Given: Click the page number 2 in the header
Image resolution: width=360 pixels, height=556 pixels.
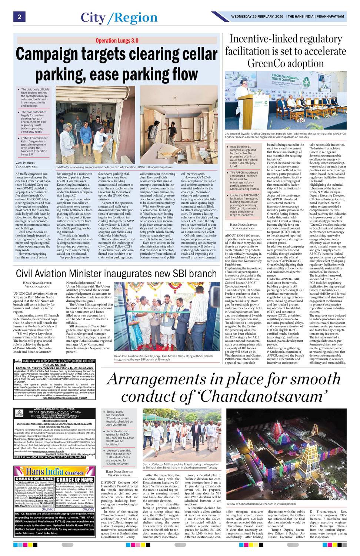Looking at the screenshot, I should pos(19,17).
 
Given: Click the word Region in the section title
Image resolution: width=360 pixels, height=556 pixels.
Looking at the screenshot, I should pos(136,17).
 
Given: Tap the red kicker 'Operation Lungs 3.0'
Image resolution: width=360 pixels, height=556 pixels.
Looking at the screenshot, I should pos(117,40).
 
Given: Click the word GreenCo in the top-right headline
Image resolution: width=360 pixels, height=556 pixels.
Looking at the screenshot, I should pos(267,63).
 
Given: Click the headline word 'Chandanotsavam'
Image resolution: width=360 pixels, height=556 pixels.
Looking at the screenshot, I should pos(269,397).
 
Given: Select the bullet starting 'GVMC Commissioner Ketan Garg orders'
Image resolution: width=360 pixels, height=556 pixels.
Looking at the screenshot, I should pos(34,146).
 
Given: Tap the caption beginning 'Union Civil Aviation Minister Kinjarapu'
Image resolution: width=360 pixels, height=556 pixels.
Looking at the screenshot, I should pos(163,357).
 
